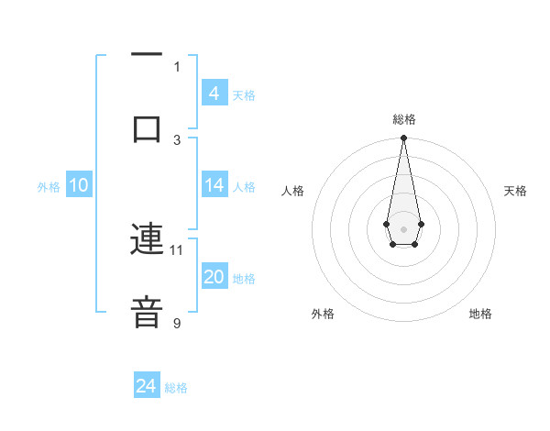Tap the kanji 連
click(x=147, y=240)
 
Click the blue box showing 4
click(x=214, y=93)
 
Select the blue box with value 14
click(x=214, y=185)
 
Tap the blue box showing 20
click(x=214, y=277)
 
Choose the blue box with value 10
click(x=78, y=185)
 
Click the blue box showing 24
click(x=147, y=386)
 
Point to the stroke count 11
click(x=177, y=249)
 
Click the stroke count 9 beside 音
click(x=177, y=323)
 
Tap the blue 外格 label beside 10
click(x=49, y=187)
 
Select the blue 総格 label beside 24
click(x=176, y=388)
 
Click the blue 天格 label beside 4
click(x=244, y=94)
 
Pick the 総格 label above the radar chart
click(x=403, y=119)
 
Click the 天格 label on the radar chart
click(x=515, y=191)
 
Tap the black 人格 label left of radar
click(x=293, y=191)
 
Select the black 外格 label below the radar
click(x=323, y=314)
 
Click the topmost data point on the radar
click(x=403, y=138)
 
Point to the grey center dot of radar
click(x=403, y=227)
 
